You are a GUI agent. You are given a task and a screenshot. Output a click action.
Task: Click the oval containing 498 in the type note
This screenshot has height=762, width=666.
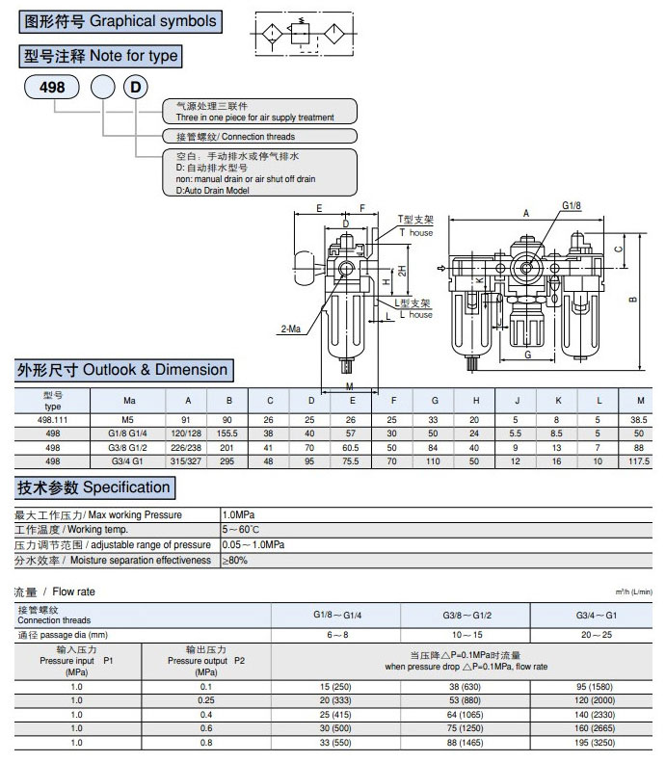52,88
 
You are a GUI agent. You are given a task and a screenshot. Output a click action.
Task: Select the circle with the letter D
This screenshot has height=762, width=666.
137,88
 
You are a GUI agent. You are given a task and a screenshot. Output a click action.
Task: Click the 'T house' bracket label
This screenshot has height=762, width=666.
416,233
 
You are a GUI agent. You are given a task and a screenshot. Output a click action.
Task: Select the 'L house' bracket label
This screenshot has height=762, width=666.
416,315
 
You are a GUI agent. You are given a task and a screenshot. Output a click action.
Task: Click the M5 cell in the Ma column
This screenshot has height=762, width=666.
129,420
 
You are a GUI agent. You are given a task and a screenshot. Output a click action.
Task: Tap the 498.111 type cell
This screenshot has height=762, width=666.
52,420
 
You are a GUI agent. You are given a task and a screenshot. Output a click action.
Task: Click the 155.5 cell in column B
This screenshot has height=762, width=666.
228,434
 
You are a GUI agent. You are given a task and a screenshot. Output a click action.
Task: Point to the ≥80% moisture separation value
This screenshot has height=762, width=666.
237,560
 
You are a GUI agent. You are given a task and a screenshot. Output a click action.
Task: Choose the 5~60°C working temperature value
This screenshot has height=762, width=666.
241,530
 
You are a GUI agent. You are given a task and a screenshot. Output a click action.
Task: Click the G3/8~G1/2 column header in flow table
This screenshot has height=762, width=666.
466,615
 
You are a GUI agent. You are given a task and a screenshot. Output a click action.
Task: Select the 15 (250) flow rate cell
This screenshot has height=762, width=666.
335,686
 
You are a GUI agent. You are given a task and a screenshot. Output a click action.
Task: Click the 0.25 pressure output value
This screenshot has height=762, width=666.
206,700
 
